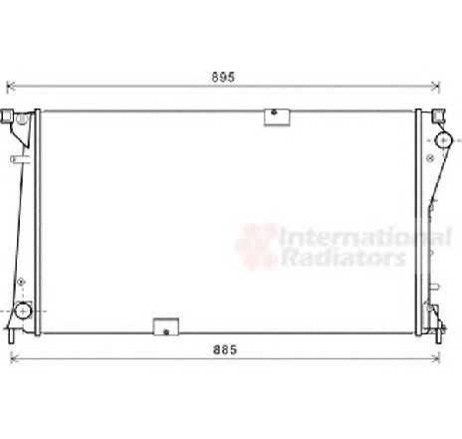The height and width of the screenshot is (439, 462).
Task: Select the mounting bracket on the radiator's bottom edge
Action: pos(164,327)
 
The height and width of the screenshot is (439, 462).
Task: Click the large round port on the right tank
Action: pos(437,140)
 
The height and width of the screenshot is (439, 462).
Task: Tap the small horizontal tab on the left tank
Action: pos(18,157)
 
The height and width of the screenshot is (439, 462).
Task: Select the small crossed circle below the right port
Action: pos(437,161)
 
